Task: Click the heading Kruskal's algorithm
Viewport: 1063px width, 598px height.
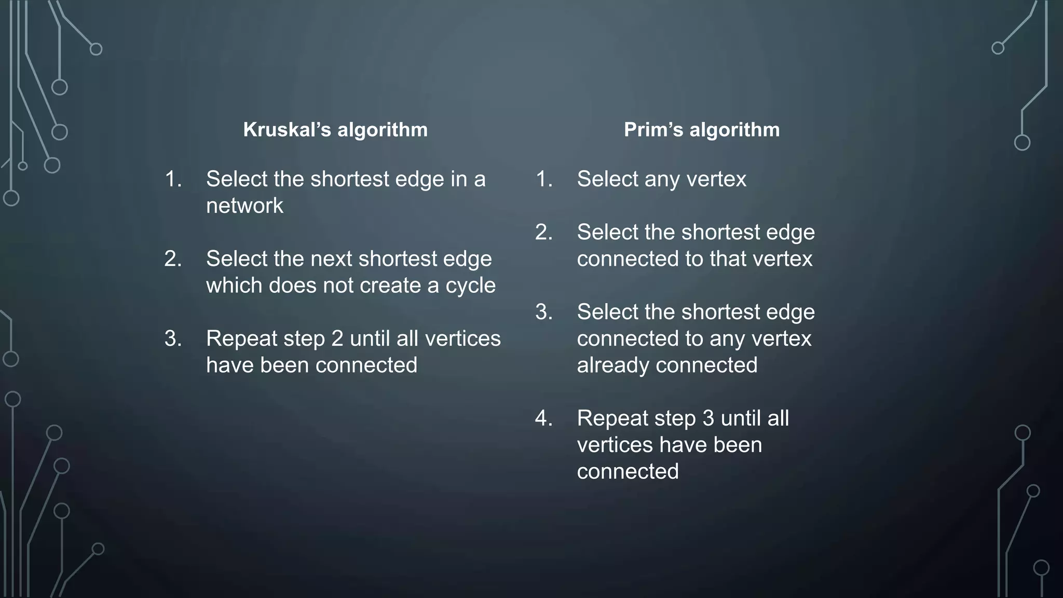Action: pyautogui.click(x=335, y=130)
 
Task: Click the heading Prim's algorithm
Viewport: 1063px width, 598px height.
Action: pyautogui.click(x=702, y=130)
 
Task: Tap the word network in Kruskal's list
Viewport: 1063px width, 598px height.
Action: pyautogui.click(x=244, y=206)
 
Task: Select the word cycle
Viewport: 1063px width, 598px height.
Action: pyautogui.click(x=470, y=286)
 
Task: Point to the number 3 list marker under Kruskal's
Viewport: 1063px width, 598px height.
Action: pyautogui.click(x=173, y=338)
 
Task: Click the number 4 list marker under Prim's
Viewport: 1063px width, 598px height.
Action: pyautogui.click(x=543, y=418)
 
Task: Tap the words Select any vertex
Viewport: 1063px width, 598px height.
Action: pyautogui.click(x=661, y=179)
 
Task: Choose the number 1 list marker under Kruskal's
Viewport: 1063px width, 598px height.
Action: pyautogui.click(x=173, y=179)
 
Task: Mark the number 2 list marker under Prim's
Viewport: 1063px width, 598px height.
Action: pyautogui.click(x=543, y=232)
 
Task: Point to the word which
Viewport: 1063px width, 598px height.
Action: pyautogui.click(x=234, y=286)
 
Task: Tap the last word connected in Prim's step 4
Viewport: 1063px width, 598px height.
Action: pyautogui.click(x=628, y=472)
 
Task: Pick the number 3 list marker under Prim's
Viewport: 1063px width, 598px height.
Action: pyautogui.click(x=543, y=312)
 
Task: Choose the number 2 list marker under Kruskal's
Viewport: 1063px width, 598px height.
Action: pyautogui.click(x=173, y=259)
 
